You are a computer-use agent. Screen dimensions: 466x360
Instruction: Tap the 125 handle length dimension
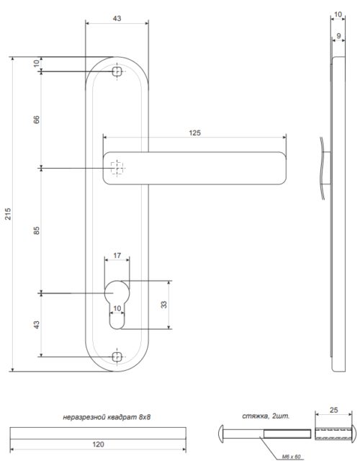click(194, 133)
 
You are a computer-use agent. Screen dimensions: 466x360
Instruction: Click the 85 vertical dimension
click(36, 230)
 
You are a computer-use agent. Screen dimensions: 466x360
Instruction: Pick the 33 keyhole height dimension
click(163, 305)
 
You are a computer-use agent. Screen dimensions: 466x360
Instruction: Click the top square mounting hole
click(117, 72)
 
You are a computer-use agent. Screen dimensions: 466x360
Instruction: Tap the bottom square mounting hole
click(117, 355)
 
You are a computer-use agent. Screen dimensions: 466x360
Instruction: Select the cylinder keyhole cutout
click(117, 303)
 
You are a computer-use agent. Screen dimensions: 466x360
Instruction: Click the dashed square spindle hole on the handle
click(117, 168)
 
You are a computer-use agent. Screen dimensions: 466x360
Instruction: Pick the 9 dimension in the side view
click(338, 35)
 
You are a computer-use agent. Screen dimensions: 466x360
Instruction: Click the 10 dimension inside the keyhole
click(117, 308)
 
